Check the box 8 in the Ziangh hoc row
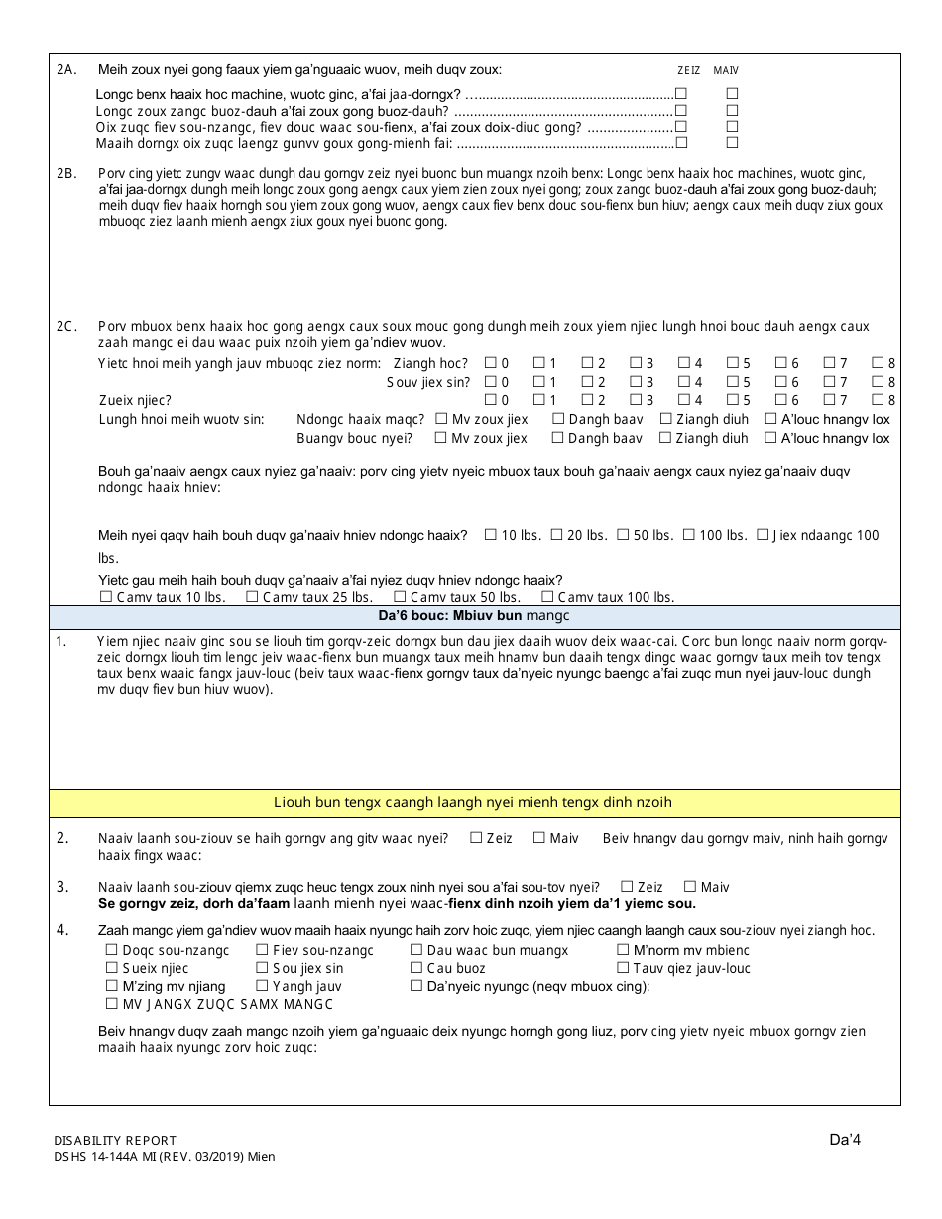tap(878, 364)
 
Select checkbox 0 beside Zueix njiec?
tap(490, 400)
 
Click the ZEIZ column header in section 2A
tap(688, 71)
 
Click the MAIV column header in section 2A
tap(726, 71)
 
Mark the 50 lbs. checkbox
tap(623, 535)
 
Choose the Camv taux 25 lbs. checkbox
tap(252, 597)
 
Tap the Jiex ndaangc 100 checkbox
tap(763, 535)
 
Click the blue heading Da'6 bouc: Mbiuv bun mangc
tap(474, 616)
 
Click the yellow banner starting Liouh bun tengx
tap(474, 802)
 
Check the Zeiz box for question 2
tap(477, 838)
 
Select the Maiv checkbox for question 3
tap(691, 887)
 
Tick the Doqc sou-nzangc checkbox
tap(111, 950)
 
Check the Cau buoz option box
tap(416, 968)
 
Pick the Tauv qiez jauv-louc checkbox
tap(623, 968)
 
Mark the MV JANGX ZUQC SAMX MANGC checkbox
tap(111, 1004)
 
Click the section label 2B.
tap(66, 174)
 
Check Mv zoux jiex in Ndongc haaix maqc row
tap(440, 419)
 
